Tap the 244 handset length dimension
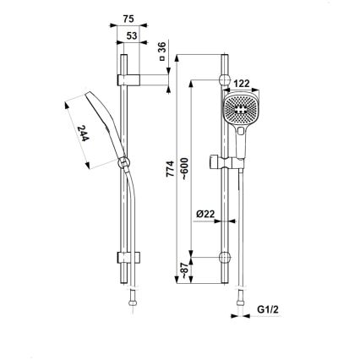tap(86, 134)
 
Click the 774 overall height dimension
tap(171, 169)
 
